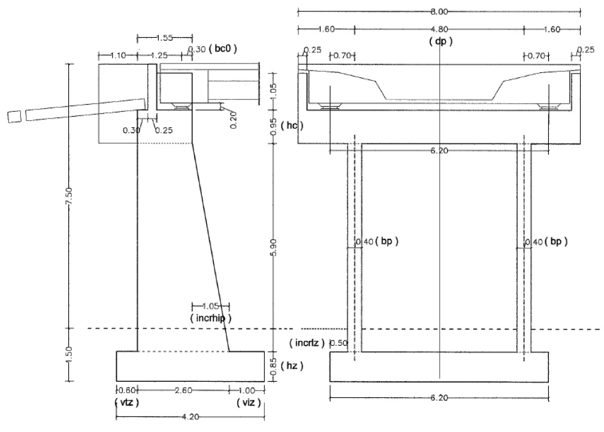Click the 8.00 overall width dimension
[440, 11]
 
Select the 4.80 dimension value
[440, 29]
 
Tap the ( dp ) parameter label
[440, 41]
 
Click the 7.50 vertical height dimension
[70, 204]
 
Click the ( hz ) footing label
[291, 365]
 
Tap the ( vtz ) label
[126, 402]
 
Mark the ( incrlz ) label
[306, 343]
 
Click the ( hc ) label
[292, 126]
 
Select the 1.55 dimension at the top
[165, 38]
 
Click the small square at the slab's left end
[13, 116]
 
